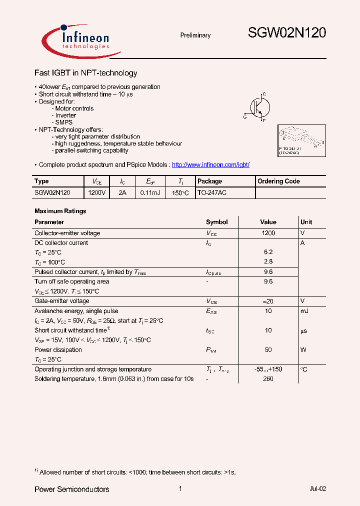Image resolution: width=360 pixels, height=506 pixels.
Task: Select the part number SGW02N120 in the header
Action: (x=287, y=33)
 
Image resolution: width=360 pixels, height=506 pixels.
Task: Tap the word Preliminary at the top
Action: (x=195, y=35)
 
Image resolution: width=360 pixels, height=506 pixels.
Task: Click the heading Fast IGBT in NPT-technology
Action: (x=85, y=73)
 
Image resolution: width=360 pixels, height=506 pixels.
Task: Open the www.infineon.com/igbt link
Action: (x=210, y=165)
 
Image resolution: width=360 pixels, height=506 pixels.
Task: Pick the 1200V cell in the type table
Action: (x=96, y=192)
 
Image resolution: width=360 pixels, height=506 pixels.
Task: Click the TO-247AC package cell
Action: (x=212, y=192)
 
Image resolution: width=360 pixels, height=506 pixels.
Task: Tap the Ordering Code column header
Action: (x=278, y=181)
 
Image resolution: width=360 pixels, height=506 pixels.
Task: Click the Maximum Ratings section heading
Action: (x=60, y=211)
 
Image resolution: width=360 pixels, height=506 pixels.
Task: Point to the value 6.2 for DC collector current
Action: (x=268, y=252)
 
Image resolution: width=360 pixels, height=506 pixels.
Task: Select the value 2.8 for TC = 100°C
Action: (x=268, y=262)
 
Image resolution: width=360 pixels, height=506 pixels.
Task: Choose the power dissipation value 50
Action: (x=268, y=350)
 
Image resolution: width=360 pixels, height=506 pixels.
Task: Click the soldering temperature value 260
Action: (x=268, y=379)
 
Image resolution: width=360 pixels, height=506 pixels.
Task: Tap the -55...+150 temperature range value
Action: (x=268, y=369)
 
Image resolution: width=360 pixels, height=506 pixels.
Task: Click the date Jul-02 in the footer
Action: (x=317, y=489)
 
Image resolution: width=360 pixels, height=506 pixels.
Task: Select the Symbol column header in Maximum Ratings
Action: (x=216, y=222)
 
